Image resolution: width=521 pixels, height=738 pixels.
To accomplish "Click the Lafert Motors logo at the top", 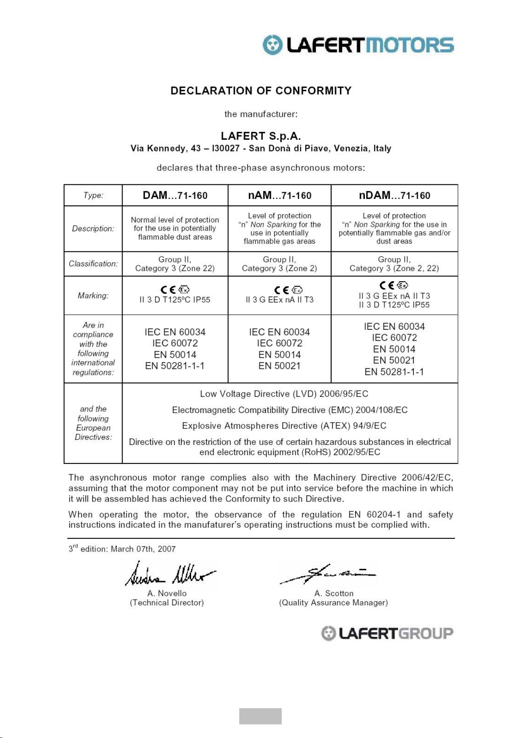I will (x=358, y=45).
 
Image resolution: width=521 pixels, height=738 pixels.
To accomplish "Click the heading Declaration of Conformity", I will (x=261, y=91).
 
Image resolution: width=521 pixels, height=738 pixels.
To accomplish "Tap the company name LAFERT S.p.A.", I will (x=261, y=136).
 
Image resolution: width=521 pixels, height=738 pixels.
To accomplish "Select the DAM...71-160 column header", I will (x=175, y=195).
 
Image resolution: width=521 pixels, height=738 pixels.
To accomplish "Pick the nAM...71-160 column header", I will (x=280, y=195).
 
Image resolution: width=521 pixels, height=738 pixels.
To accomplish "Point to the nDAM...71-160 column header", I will (x=394, y=195).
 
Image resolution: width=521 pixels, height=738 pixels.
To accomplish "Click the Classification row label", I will (x=93, y=264).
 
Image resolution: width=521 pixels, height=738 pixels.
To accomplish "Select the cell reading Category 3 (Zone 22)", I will (x=175, y=268).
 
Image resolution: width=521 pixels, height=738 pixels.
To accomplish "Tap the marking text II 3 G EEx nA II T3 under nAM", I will (x=280, y=300).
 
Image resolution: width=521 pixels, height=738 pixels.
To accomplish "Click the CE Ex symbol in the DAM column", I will (x=175, y=290).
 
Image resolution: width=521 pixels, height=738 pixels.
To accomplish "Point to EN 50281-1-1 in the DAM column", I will (x=175, y=366).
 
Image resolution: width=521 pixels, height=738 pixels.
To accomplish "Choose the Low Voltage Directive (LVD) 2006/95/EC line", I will (x=284, y=394).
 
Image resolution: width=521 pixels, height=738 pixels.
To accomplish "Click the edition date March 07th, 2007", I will (x=143, y=549).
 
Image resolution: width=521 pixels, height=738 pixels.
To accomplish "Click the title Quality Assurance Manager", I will (x=333, y=603).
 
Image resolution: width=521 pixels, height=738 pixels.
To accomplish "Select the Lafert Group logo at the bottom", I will (x=387, y=633).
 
